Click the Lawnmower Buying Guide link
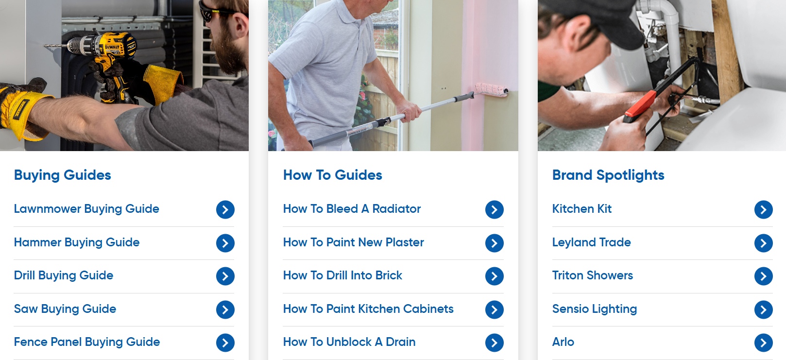(86, 209)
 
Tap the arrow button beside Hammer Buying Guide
(225, 243)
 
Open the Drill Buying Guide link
(64, 275)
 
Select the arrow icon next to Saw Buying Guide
(225, 309)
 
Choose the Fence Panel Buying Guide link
(87, 342)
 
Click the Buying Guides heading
(63, 175)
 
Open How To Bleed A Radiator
(352, 209)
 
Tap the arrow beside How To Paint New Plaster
(494, 243)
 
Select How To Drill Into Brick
(342, 275)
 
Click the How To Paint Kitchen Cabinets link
(368, 309)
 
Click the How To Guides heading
(333, 175)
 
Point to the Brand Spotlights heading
(608, 175)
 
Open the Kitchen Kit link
(581, 209)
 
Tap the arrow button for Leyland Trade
(763, 243)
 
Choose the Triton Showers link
(592, 275)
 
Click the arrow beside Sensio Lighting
(763, 309)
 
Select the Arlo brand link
(563, 342)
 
